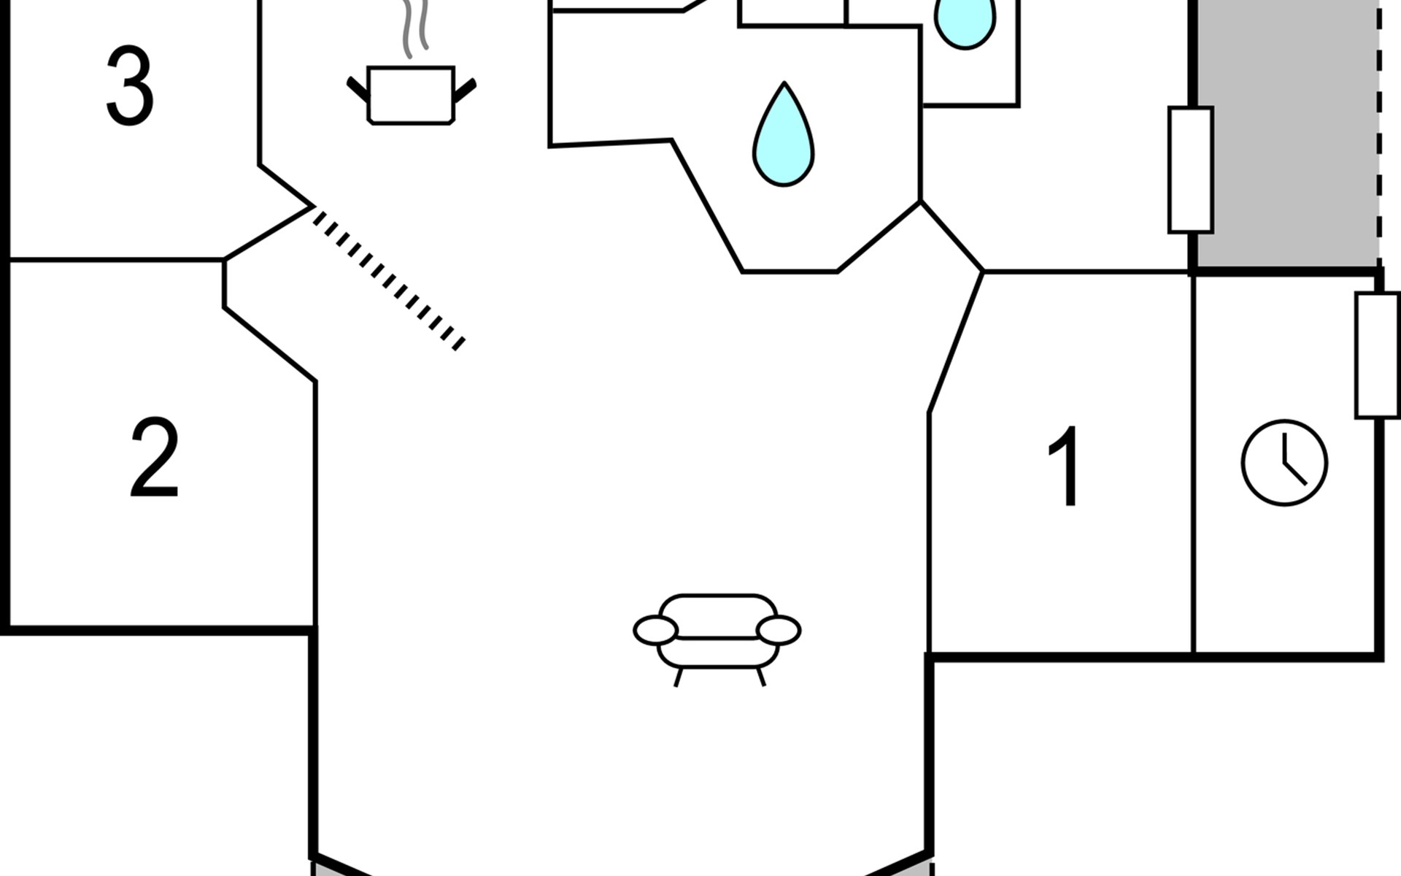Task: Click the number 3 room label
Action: coord(130,86)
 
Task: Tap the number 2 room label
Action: coord(154,458)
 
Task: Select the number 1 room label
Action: coord(1065,465)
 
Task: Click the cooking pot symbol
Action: coord(411,96)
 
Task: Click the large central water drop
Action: coord(784,135)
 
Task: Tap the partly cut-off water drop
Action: coord(965,22)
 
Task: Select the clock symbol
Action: coord(1284,463)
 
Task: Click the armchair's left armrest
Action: coord(655,631)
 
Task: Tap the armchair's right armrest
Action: coord(779,631)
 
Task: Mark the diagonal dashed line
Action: coord(389,278)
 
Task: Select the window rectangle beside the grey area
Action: coord(1191,170)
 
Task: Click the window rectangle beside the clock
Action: coord(1378,356)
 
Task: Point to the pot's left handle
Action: coord(358,90)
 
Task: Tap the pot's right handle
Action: coord(465,90)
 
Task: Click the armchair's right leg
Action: coord(761,677)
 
